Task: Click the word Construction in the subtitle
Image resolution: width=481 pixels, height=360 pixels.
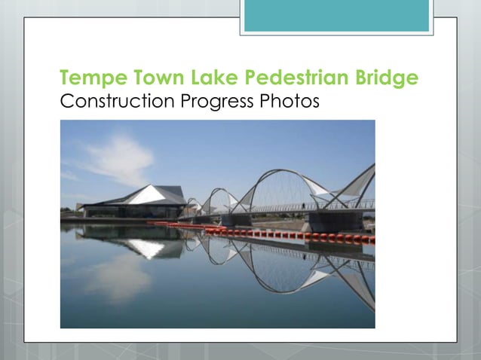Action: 117,101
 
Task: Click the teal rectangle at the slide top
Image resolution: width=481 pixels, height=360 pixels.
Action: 336,15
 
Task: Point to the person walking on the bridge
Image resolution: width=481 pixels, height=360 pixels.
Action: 303,204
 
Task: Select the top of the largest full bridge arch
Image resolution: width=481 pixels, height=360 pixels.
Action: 283,172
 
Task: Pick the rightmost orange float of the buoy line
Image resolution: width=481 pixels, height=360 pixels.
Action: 371,239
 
